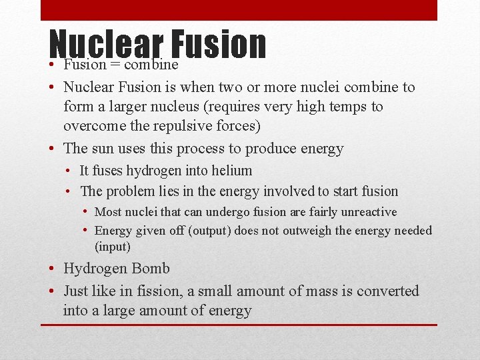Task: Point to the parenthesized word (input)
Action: pos(113,247)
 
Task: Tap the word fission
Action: pos(172,291)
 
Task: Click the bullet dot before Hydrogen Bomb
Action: pos(52,269)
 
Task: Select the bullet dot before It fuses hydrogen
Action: pos(69,171)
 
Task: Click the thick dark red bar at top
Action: pos(239,10)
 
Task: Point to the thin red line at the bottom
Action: pos(239,325)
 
